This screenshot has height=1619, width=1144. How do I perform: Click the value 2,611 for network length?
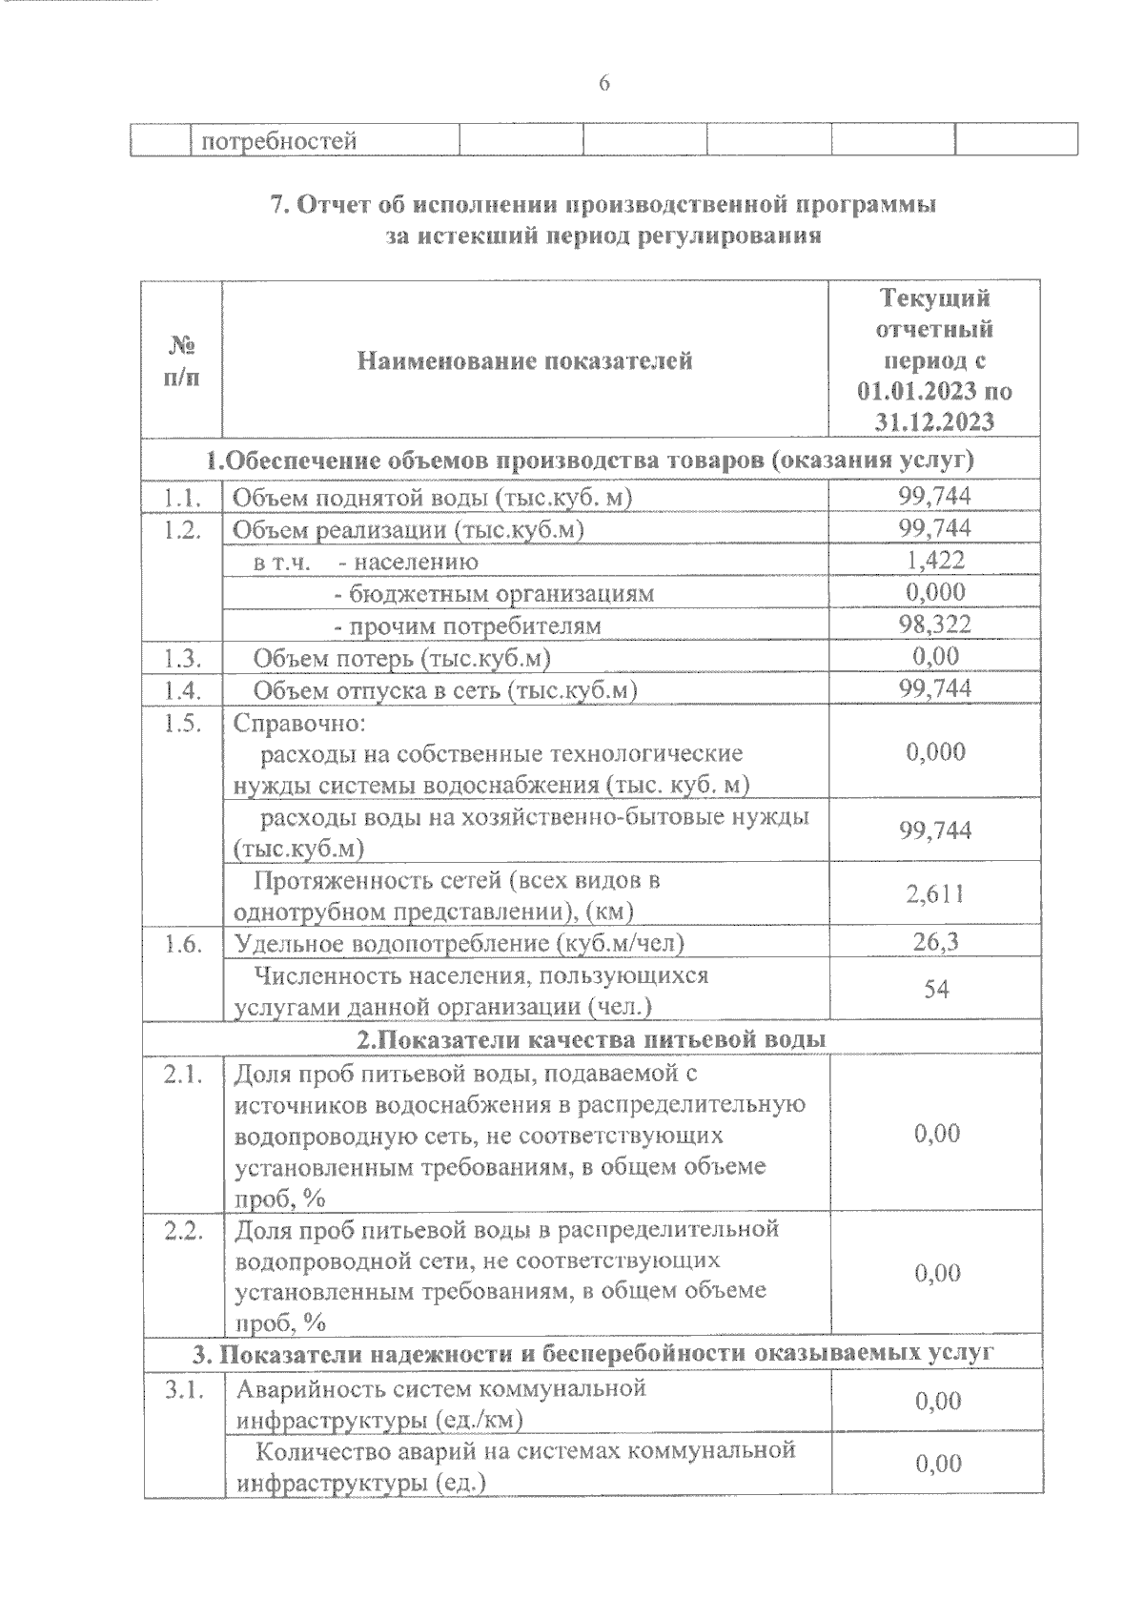point(934,893)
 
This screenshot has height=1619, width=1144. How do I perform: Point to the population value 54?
point(935,990)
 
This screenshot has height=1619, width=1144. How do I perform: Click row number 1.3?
point(181,657)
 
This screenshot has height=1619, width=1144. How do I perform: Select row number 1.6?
point(181,943)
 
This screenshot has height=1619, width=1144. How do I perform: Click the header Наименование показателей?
point(524,360)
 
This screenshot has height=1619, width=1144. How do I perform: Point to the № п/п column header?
point(181,360)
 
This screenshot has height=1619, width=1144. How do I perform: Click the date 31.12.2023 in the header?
point(934,421)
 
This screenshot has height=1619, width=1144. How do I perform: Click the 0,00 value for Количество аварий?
point(937,1464)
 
